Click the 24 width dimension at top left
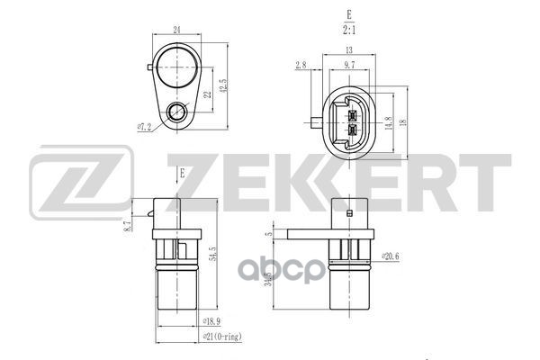coord(176,31)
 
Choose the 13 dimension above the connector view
coord(348,51)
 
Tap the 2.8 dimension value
coord(301,65)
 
